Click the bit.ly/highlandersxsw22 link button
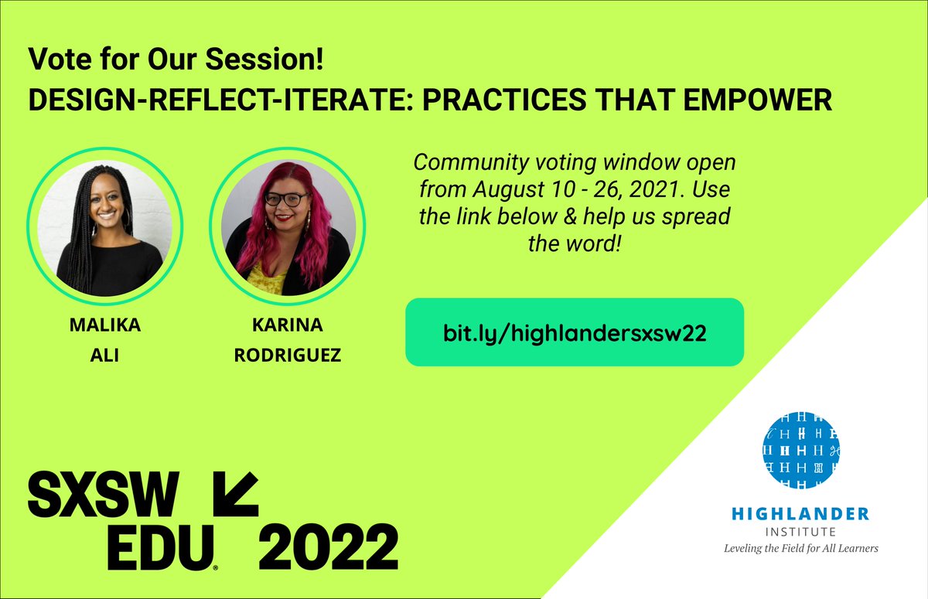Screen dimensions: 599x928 [575, 332]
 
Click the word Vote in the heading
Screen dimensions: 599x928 [52, 57]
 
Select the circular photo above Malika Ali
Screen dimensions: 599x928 [104, 225]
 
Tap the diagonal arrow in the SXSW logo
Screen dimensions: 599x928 [233, 495]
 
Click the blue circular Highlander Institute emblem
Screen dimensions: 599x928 [801, 450]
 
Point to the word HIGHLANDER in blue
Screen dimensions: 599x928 [801, 514]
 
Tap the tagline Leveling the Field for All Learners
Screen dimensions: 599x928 [801, 548]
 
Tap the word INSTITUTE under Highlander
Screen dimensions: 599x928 [801, 532]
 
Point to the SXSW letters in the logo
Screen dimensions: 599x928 [103, 494]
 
